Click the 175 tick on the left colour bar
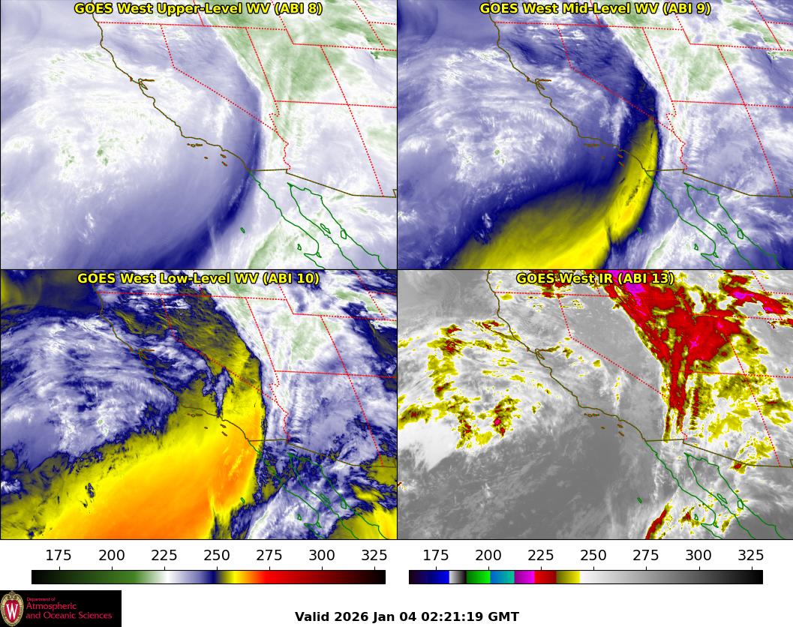click(x=59, y=556)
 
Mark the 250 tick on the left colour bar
click(x=217, y=556)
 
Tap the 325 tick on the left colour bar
click(x=374, y=556)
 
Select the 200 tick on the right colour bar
click(x=488, y=556)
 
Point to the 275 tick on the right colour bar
click(x=646, y=556)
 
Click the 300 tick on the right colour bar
click(x=698, y=556)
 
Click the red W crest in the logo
click(x=12, y=607)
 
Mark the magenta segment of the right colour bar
click(x=524, y=577)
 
